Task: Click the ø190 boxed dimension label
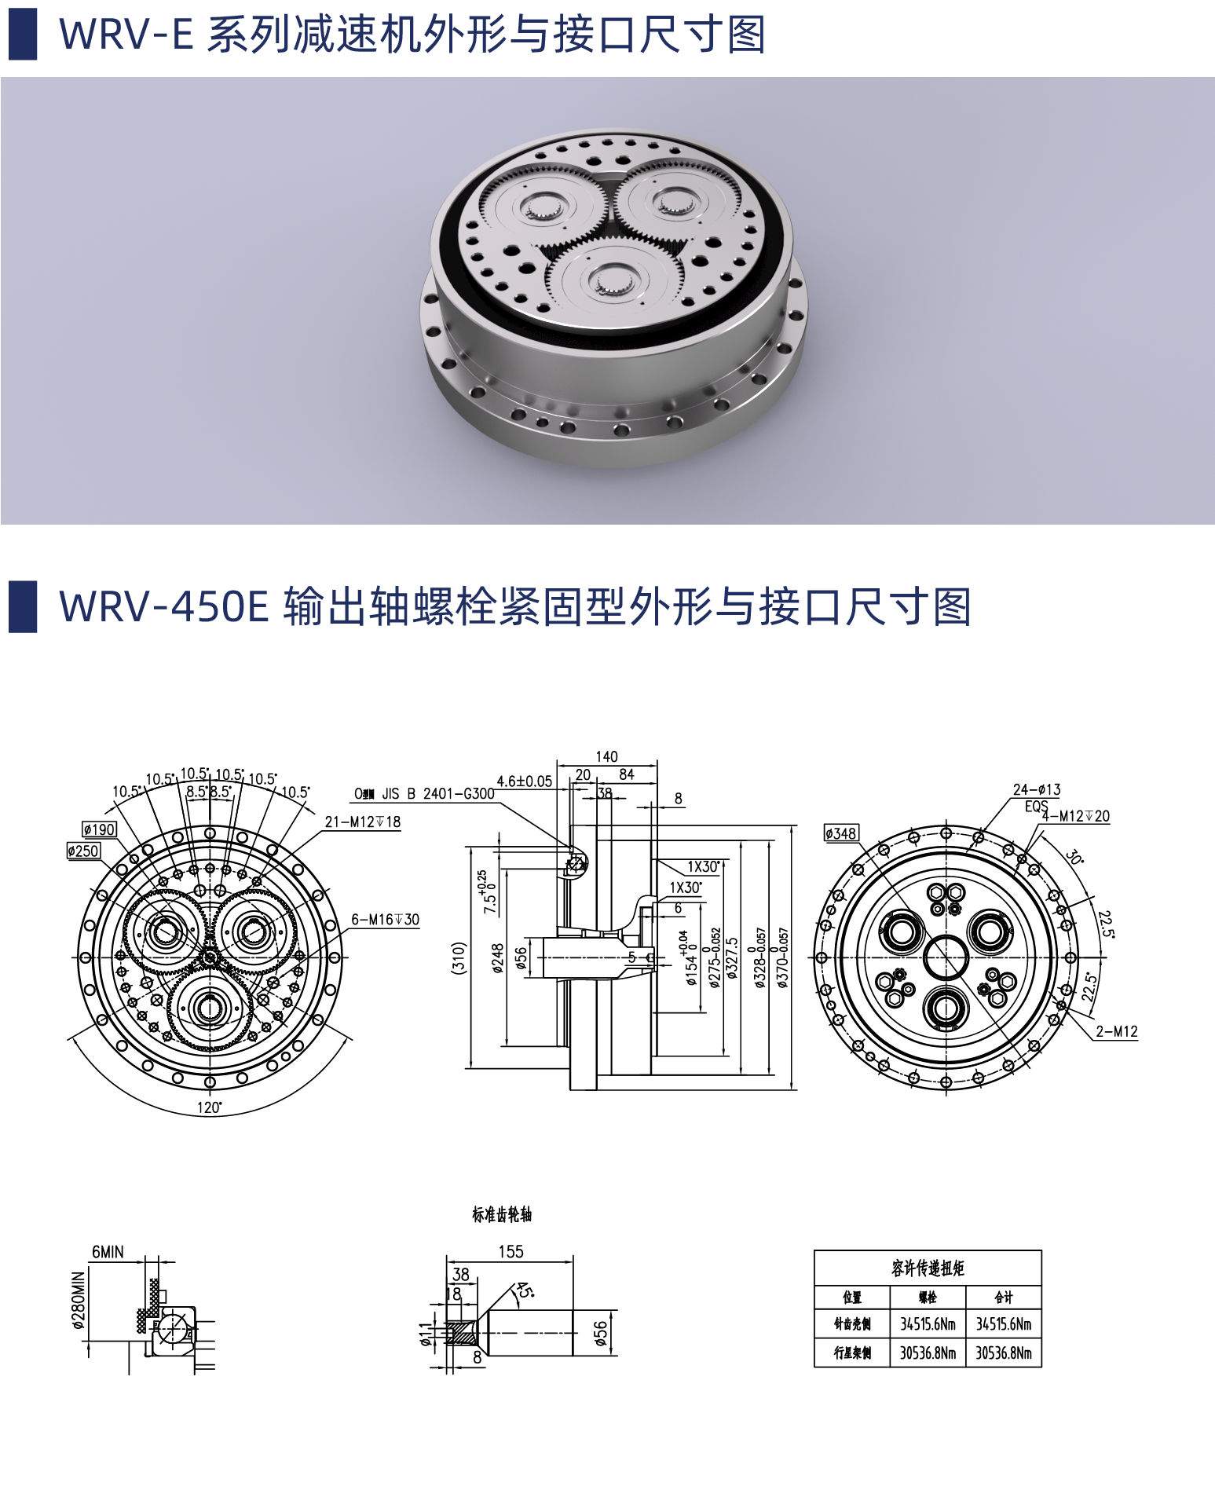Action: coord(99,829)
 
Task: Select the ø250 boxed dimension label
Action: coord(83,851)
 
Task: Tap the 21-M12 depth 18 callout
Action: coord(362,822)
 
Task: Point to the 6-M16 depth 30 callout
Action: coord(385,919)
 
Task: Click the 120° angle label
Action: coord(209,1107)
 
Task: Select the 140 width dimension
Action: coord(606,756)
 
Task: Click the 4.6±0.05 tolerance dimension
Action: coord(524,781)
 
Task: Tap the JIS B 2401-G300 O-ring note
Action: coord(425,793)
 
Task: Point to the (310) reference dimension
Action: coord(459,958)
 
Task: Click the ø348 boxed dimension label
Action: coord(841,833)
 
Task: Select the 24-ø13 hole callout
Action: coord(1036,789)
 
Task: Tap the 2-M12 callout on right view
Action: coord(1116,1031)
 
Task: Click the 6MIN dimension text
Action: coord(108,1252)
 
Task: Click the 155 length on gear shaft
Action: coord(511,1252)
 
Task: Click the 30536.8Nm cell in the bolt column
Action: coord(928,1352)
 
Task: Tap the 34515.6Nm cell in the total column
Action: coord(1003,1324)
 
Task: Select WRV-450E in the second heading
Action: coord(164,607)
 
